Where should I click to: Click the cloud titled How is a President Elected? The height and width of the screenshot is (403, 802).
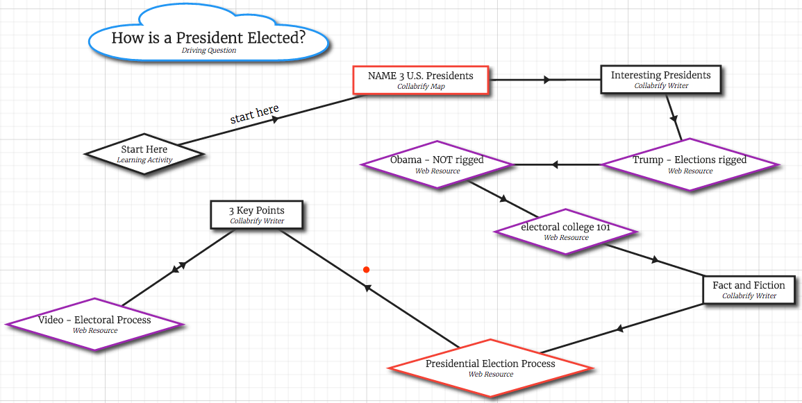tap(208, 39)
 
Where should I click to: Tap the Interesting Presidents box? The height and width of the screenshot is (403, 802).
tap(660, 79)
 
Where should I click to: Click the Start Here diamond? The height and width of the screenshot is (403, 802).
tap(144, 153)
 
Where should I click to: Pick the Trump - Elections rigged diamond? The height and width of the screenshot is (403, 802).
tap(690, 164)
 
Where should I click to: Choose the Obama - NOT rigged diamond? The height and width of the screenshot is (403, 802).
tap(437, 164)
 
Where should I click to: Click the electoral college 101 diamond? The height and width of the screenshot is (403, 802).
tap(565, 231)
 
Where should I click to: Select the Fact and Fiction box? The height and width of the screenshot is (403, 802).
tap(749, 289)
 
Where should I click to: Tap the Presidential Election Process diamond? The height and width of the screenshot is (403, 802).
tap(490, 368)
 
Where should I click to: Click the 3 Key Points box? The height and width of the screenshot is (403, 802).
tap(256, 214)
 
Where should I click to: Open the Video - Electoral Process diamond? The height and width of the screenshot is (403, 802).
tap(94, 324)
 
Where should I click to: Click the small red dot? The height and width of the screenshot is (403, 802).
tap(366, 270)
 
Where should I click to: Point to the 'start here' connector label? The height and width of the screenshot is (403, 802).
tap(254, 114)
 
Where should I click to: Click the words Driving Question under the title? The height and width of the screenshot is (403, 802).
tap(208, 51)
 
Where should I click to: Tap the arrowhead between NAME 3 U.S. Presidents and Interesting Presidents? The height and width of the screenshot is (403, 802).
tap(547, 80)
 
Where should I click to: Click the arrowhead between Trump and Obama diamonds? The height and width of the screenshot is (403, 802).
tap(554, 164)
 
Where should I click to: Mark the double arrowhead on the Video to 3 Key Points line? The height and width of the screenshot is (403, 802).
tap(179, 266)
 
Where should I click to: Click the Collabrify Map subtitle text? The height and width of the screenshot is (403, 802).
tap(421, 87)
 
